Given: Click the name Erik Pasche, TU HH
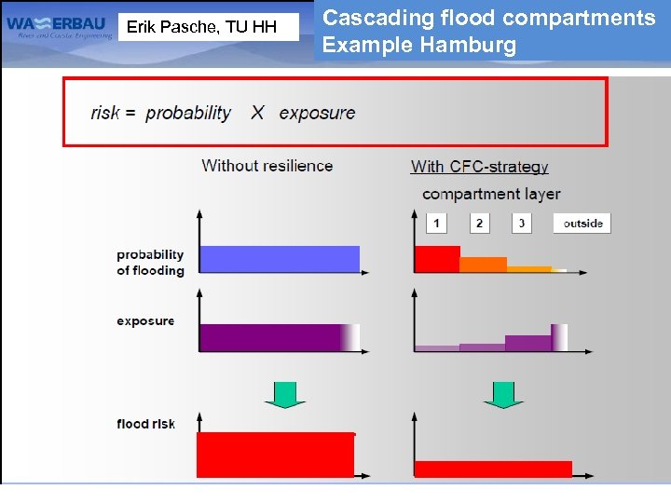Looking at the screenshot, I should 201,27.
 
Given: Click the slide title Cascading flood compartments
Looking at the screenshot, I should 488,18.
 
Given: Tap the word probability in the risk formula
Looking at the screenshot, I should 188,113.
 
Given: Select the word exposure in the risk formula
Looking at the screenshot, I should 317,113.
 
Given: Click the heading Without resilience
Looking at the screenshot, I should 267,166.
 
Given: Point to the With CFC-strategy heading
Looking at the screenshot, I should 479,167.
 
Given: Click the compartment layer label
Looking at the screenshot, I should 491,194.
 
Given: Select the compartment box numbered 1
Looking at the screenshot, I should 436,223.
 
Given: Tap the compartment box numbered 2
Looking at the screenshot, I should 479,223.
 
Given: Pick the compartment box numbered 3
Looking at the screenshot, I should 522,223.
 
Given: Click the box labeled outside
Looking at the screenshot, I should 582,223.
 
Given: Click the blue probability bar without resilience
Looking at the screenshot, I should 280,259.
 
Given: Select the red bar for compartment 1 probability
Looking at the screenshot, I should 437,259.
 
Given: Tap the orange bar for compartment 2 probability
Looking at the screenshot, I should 483,265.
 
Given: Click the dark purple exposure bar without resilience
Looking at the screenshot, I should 270,337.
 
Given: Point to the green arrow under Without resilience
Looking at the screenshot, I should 284,393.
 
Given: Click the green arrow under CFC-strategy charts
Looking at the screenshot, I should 503,393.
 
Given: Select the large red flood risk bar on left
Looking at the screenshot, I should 275,455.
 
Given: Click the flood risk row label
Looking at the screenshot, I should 145,424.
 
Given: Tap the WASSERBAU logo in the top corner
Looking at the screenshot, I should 59,28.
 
